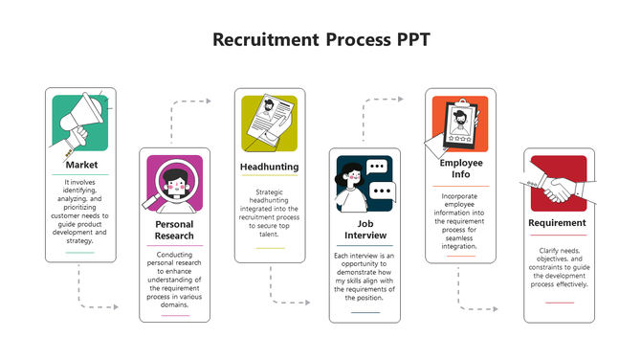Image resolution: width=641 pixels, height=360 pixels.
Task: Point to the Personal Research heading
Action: pyautogui.click(x=174, y=230)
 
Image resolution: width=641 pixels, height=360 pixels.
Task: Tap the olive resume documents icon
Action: pyautogui.click(x=269, y=124)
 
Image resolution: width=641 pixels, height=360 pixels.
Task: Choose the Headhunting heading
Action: pyautogui.click(x=269, y=167)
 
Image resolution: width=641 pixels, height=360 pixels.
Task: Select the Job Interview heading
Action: pyautogui.click(x=365, y=230)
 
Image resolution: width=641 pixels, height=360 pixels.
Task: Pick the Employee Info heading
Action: pyautogui.click(x=460, y=169)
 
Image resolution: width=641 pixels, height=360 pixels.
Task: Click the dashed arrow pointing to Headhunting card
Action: pyautogui.click(x=196, y=101)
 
